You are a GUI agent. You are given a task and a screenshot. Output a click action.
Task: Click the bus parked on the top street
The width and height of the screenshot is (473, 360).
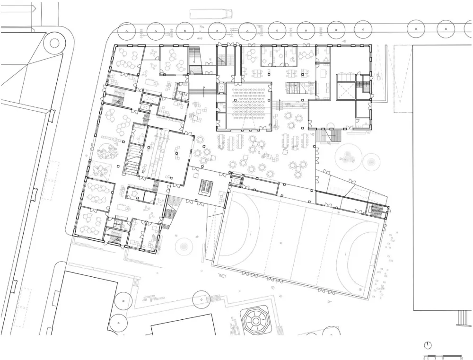[206, 14]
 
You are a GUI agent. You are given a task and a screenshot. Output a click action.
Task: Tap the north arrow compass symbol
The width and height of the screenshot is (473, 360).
[428, 344]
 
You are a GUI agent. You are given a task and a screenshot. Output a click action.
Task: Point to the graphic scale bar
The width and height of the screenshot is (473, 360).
[442, 355]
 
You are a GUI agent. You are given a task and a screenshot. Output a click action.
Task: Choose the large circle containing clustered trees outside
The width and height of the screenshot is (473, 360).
[349, 157]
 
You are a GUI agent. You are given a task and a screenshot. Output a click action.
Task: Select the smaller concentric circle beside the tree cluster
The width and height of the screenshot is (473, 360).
[371, 162]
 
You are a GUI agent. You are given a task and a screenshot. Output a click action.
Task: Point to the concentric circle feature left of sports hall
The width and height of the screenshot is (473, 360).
[184, 246]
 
